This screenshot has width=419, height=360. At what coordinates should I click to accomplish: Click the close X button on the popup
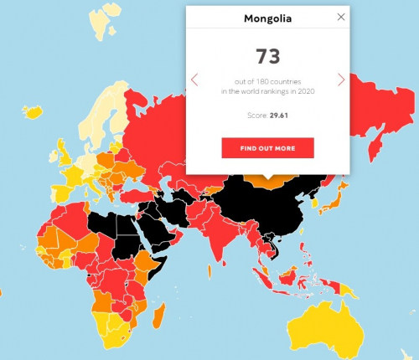(339, 17)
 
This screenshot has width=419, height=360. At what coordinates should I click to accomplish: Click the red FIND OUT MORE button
(267, 148)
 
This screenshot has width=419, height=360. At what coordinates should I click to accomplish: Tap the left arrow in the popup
(194, 80)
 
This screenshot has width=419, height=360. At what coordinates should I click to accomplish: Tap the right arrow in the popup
(340, 80)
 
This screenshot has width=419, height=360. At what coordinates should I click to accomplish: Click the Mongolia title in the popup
(267, 18)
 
